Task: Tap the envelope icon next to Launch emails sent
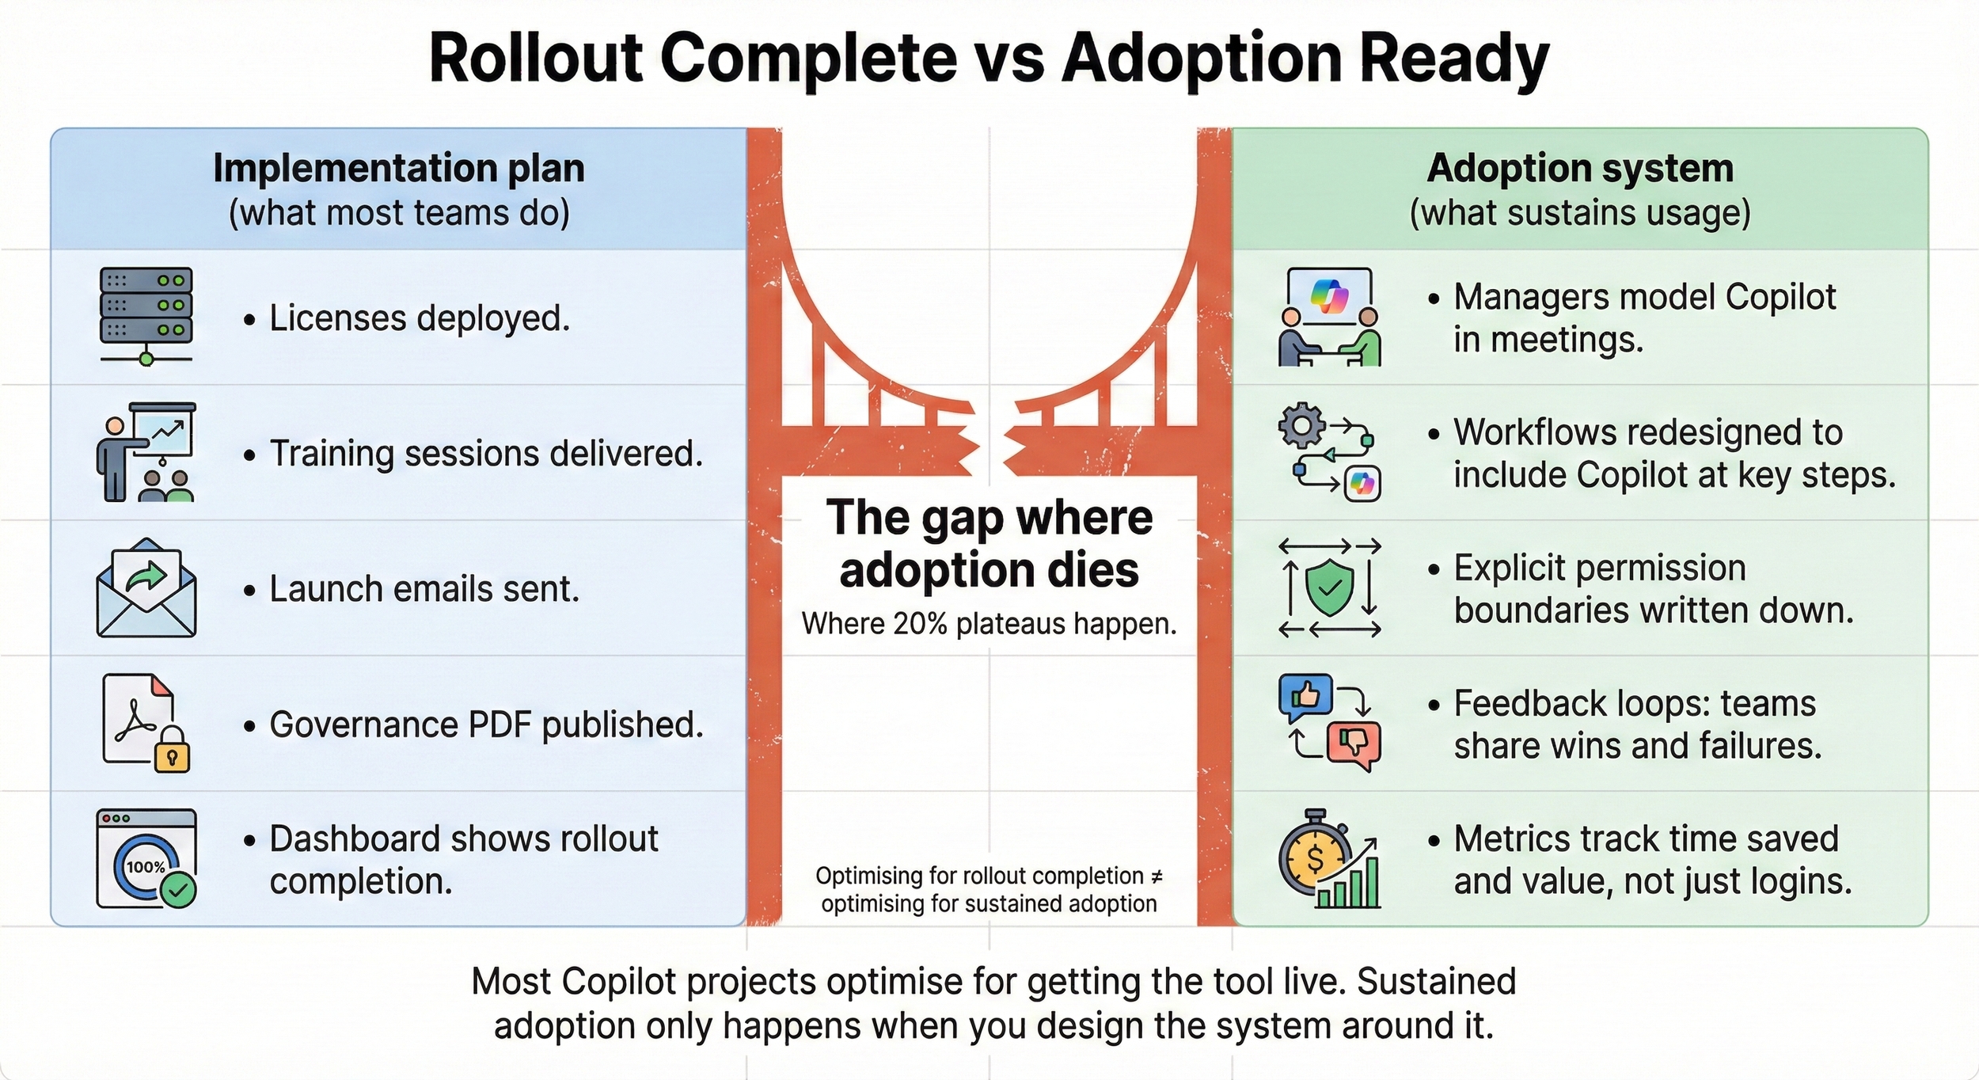click(146, 588)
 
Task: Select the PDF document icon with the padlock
click(146, 723)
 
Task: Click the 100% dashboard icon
click(146, 858)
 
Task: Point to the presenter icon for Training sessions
click(146, 452)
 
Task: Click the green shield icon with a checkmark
click(1329, 588)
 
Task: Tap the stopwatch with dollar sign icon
click(1329, 858)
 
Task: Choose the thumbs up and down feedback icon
click(1329, 722)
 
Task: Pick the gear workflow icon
click(1329, 452)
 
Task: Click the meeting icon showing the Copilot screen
click(1329, 317)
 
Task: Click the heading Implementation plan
click(399, 169)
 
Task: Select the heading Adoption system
click(1580, 169)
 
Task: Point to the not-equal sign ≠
click(1157, 877)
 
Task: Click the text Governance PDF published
click(486, 724)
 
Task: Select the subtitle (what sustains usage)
click(1580, 213)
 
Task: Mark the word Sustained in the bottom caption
click(1437, 981)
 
